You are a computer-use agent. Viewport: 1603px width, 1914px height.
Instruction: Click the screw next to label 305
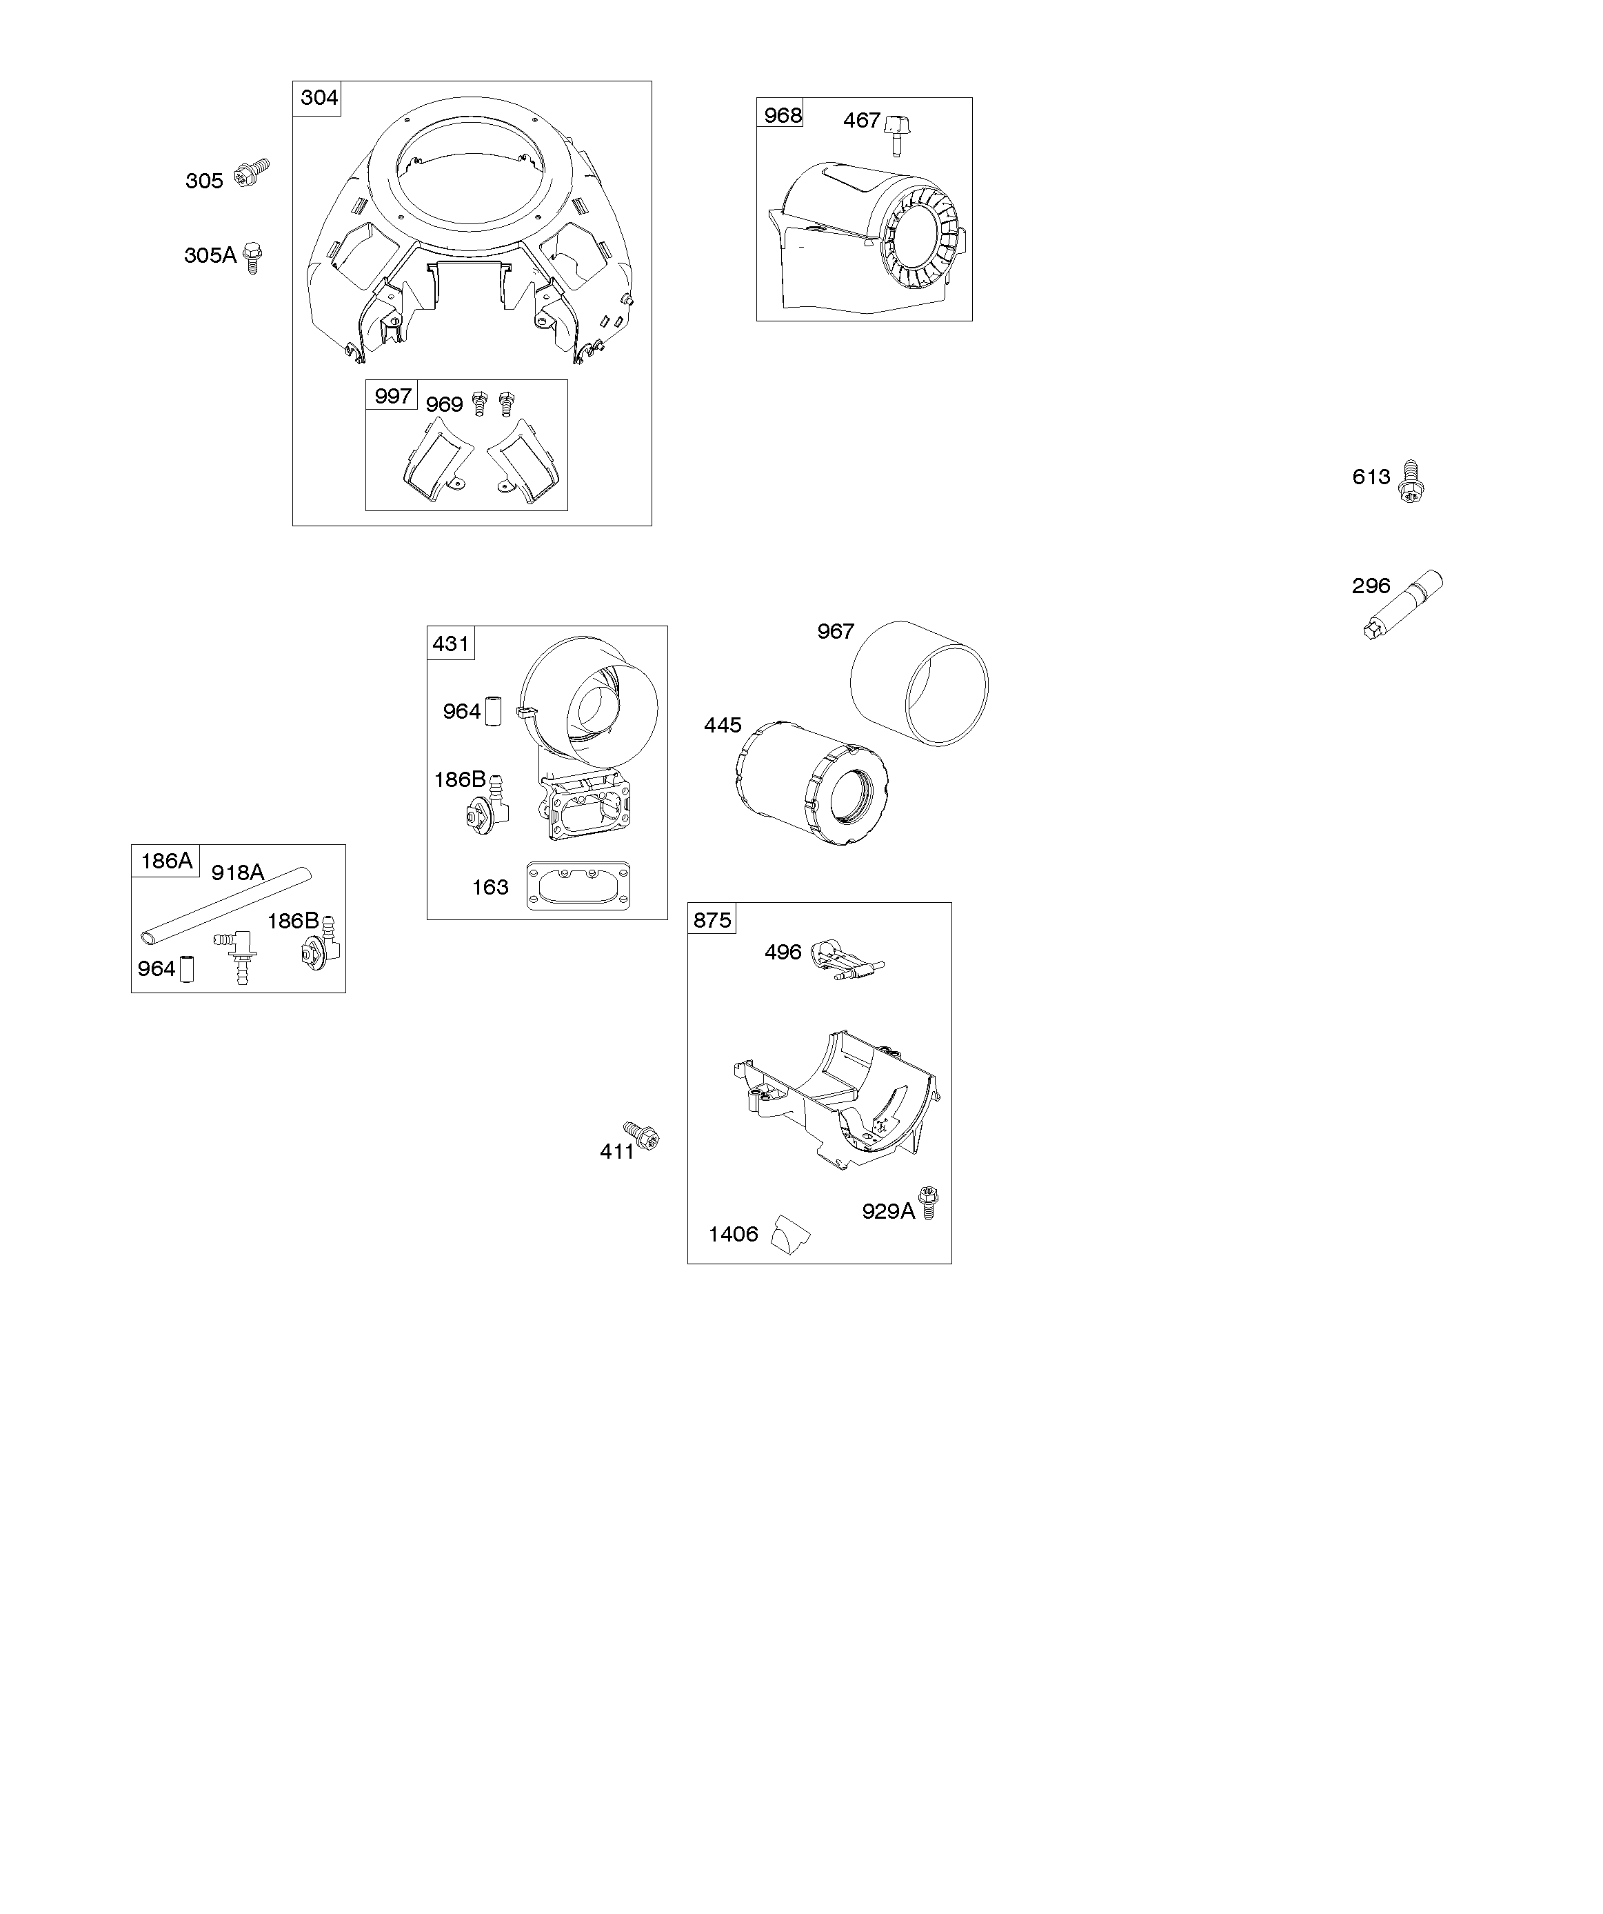point(252,173)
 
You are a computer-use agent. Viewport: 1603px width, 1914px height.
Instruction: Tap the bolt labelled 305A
point(253,257)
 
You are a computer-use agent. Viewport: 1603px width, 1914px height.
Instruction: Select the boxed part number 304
point(319,97)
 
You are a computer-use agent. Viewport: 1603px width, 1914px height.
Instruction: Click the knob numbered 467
point(898,134)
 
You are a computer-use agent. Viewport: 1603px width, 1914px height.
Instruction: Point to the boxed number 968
point(783,114)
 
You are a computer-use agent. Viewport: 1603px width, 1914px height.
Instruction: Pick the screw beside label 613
point(1411,481)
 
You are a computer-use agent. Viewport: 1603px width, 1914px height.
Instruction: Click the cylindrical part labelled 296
point(1404,604)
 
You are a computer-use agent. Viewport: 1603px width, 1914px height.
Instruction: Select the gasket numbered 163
point(578,885)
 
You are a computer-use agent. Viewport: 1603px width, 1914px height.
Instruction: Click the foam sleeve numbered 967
point(918,684)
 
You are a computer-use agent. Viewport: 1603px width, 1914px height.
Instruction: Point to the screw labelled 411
point(642,1135)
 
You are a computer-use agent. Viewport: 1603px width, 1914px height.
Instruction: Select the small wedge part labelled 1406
point(790,1234)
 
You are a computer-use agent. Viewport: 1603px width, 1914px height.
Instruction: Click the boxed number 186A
point(167,860)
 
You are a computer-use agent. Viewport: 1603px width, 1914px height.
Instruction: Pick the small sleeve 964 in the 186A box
point(186,969)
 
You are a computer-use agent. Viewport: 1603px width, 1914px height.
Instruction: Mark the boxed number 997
point(393,396)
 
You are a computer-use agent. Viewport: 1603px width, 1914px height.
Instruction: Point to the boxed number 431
point(450,644)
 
